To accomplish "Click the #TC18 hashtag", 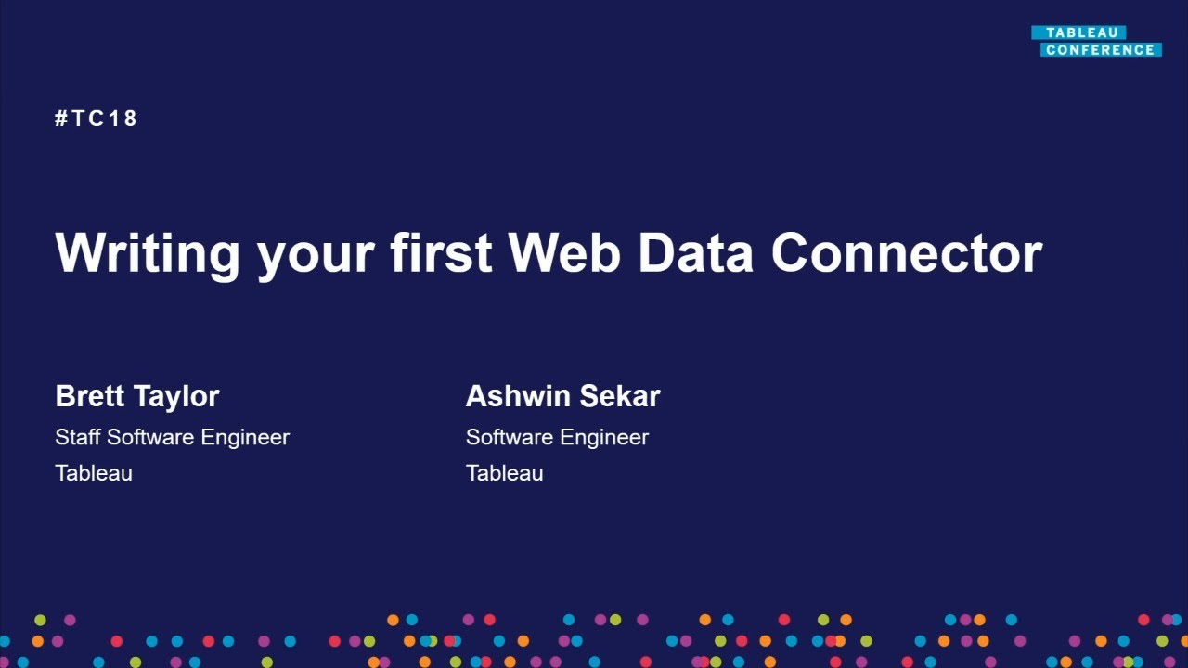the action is (96, 118).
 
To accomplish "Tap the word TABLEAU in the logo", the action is (1082, 32).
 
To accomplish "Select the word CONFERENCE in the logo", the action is (1101, 50).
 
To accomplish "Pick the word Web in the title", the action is (564, 252).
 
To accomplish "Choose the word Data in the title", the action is (695, 253).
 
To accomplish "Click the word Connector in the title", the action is (907, 253).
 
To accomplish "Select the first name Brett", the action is (90, 396).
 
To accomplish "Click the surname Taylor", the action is (176, 398).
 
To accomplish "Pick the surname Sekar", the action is (620, 396).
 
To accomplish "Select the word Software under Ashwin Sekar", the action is (510, 437).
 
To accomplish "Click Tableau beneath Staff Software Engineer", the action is (94, 473).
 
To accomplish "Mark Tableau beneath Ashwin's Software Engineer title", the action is (504, 473).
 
